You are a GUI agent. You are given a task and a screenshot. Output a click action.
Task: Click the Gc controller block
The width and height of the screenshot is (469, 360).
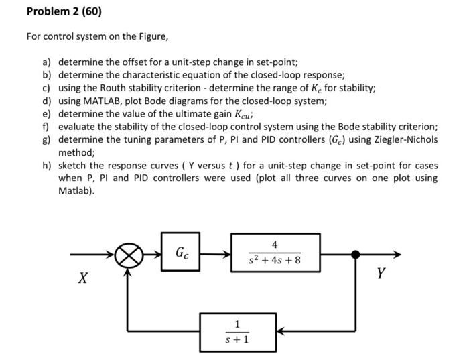pos(181,254)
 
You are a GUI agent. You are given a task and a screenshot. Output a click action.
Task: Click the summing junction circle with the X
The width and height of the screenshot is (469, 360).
pos(129,255)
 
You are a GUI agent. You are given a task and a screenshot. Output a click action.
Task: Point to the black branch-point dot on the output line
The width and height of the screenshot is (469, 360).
pos(356,255)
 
